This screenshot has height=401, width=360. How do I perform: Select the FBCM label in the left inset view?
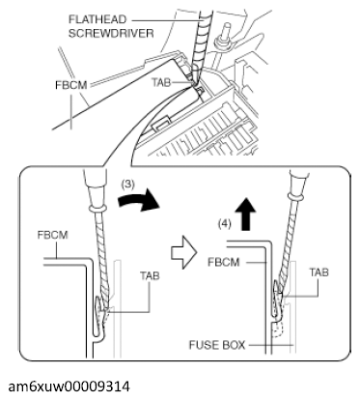(x=50, y=235)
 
